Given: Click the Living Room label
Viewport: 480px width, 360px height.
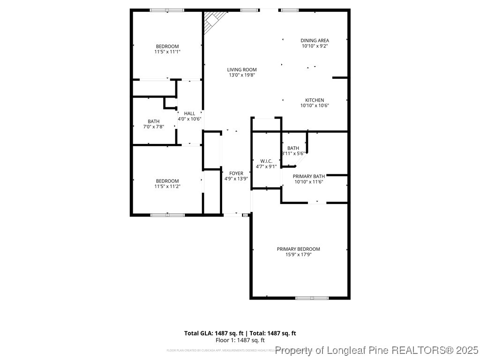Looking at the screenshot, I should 242,69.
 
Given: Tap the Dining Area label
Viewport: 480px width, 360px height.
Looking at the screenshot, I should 315,40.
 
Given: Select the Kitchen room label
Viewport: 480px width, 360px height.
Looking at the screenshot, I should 315,100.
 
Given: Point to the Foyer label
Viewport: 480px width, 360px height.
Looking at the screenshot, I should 236,173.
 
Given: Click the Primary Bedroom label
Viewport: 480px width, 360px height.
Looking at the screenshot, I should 298,249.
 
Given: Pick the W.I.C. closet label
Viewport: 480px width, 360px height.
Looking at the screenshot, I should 266,161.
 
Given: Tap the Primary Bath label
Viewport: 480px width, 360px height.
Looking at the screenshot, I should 309,176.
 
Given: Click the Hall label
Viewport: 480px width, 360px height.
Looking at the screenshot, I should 189,113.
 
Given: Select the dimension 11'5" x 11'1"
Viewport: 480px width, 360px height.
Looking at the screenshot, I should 167,52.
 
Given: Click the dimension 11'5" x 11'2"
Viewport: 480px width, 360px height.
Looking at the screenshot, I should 167,186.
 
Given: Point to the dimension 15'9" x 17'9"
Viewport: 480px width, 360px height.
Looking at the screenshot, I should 299,255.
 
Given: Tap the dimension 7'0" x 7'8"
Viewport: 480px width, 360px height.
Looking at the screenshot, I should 153,127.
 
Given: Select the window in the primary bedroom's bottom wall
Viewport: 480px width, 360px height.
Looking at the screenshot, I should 312,298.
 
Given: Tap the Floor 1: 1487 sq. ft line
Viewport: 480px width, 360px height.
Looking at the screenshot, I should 240,340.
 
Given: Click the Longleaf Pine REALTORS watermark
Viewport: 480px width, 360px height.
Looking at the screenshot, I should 377,350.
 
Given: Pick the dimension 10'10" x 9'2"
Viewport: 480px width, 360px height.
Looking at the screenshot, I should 315,46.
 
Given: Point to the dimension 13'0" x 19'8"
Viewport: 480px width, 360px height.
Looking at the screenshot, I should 242,75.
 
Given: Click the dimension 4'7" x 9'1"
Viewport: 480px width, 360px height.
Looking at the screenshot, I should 266,166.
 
